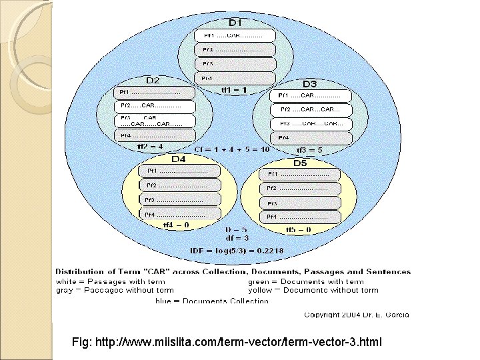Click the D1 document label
pos(236,23)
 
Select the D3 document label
pos(310,84)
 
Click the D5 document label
pos(300,163)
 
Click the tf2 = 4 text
pos(150,146)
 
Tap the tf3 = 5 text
pos(309,150)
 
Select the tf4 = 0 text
pos(176,225)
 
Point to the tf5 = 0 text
pos(299,229)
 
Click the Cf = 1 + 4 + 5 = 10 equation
pos(232,149)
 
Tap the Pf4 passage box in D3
pos(311,138)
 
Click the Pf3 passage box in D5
pos(300,203)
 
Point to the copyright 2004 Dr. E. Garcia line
pos(357,315)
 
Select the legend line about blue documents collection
pos(211,301)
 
